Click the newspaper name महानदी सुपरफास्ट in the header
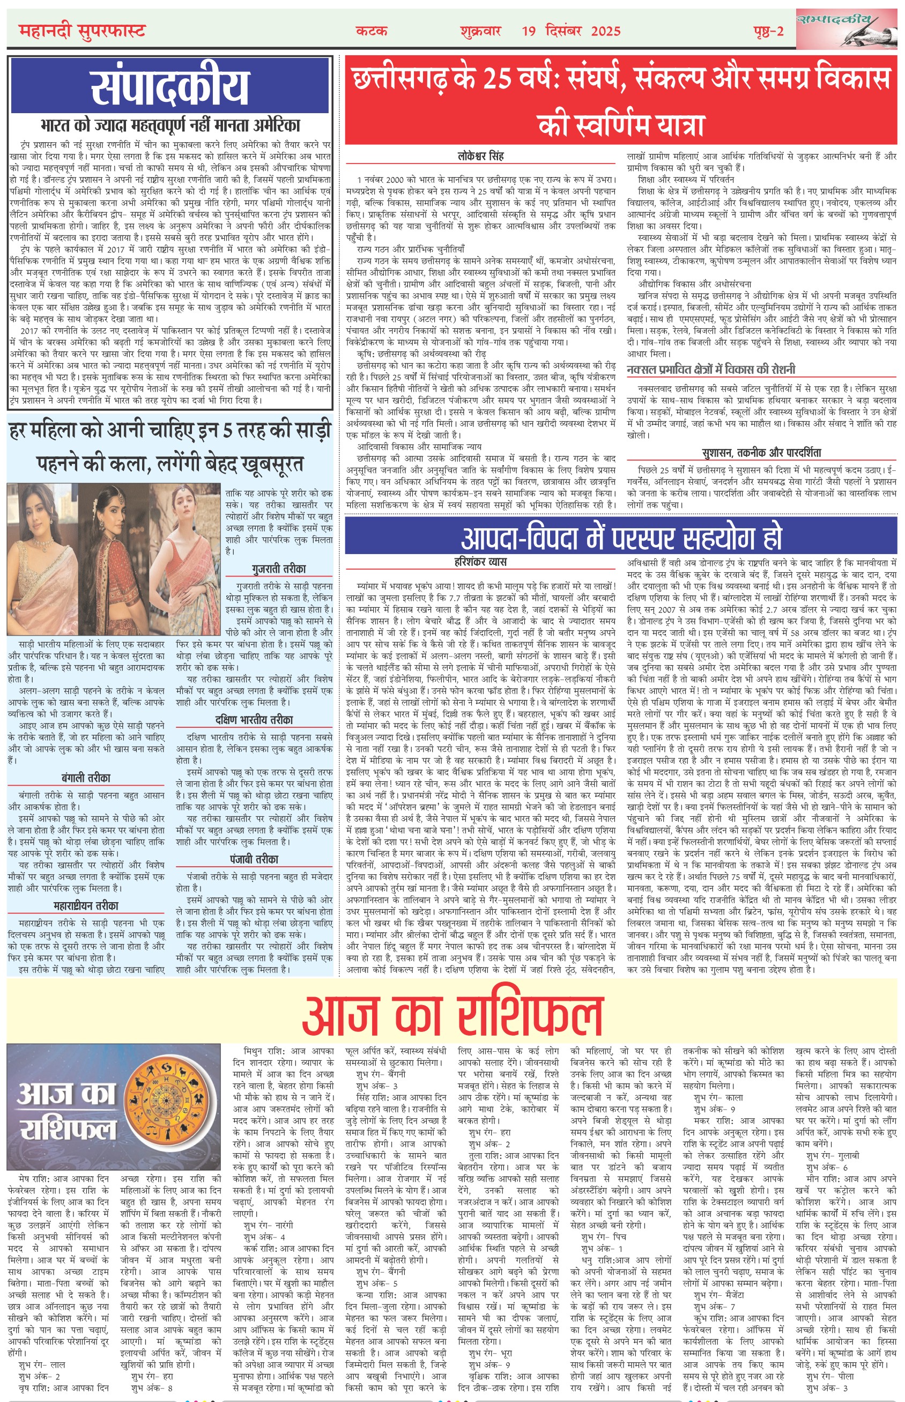[81, 30]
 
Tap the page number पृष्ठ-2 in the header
[768, 31]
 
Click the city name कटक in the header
[372, 31]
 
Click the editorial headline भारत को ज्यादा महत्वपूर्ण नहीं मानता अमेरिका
[170, 124]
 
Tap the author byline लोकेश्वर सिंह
[480, 157]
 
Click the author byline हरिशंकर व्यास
[480, 562]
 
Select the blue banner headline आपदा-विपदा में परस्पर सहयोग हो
[621, 536]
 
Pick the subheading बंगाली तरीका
[86, 777]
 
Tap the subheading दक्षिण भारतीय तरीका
[254, 720]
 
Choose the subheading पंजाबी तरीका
[254, 859]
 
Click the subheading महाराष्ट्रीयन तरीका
[86, 905]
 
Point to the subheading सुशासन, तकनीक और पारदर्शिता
[761, 452]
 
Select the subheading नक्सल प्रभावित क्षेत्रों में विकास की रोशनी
[710, 369]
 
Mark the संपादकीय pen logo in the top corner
[846, 28]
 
